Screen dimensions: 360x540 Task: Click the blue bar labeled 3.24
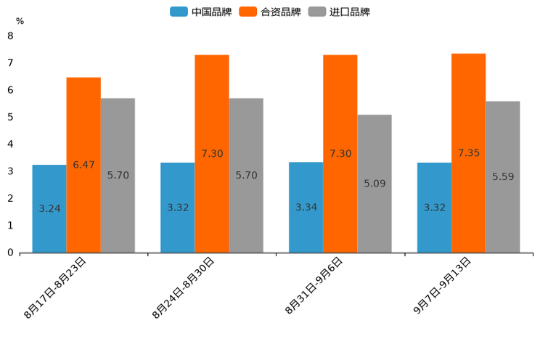(x=49, y=209)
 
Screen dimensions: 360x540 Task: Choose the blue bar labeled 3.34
(x=306, y=208)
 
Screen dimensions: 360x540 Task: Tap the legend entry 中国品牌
(x=202, y=12)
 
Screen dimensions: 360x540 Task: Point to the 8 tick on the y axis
(x=10, y=36)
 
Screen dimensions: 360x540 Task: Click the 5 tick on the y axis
(x=10, y=117)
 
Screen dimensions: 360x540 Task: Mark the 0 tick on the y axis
(x=10, y=253)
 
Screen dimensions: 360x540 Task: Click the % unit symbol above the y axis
(x=20, y=21)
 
